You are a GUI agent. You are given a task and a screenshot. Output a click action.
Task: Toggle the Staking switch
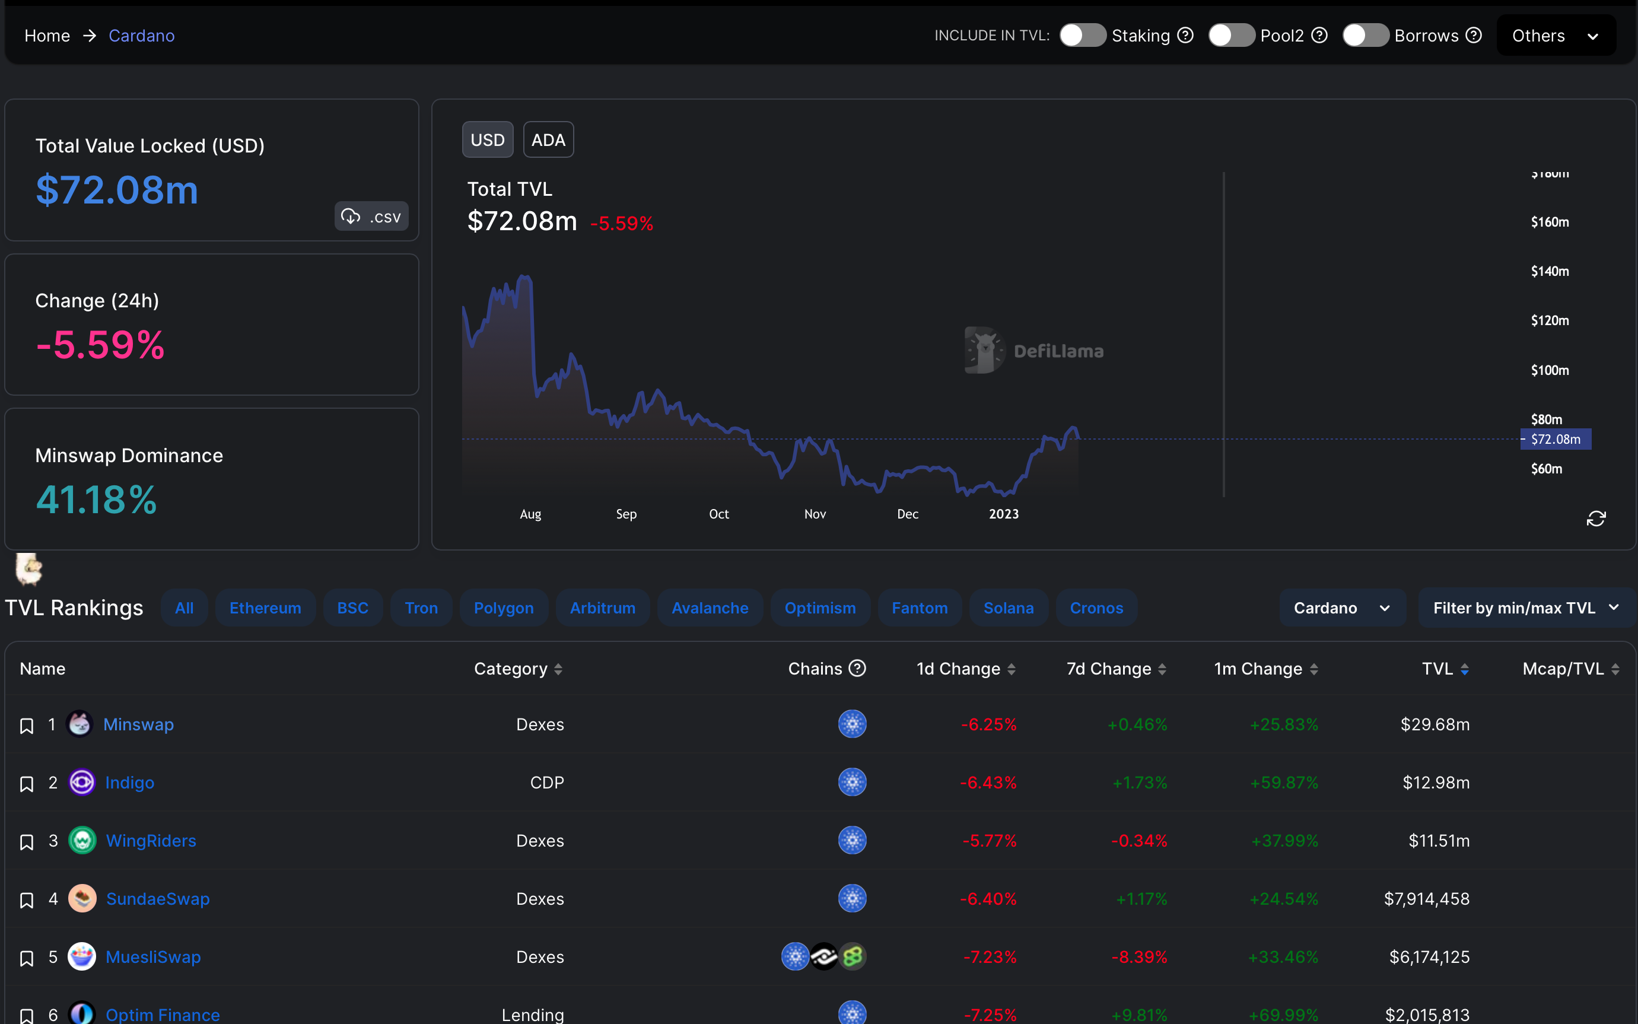(x=1082, y=35)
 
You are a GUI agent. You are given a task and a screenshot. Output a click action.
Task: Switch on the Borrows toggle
(x=1365, y=35)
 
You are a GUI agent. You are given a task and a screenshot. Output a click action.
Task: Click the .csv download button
(x=371, y=216)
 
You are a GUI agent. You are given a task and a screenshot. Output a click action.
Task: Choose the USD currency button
(x=488, y=139)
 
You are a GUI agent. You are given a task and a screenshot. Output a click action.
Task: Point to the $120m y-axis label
(x=1549, y=320)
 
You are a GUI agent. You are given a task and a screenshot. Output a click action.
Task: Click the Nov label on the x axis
(x=815, y=514)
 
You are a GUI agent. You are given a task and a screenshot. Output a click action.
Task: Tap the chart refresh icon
(x=1596, y=518)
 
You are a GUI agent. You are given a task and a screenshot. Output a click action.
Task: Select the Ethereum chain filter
(x=265, y=608)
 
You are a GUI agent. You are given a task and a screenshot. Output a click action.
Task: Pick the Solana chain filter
(x=1009, y=608)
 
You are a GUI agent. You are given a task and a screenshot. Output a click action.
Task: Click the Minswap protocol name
(x=138, y=724)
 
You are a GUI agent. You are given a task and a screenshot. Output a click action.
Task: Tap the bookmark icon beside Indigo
(x=27, y=784)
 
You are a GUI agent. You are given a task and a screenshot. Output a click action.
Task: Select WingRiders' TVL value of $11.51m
(x=1439, y=841)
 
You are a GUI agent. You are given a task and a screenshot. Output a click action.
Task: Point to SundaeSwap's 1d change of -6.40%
(x=988, y=899)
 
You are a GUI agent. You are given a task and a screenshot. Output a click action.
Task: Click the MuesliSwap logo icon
(x=82, y=956)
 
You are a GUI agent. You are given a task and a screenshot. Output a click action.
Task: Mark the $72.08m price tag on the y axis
(x=1556, y=439)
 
